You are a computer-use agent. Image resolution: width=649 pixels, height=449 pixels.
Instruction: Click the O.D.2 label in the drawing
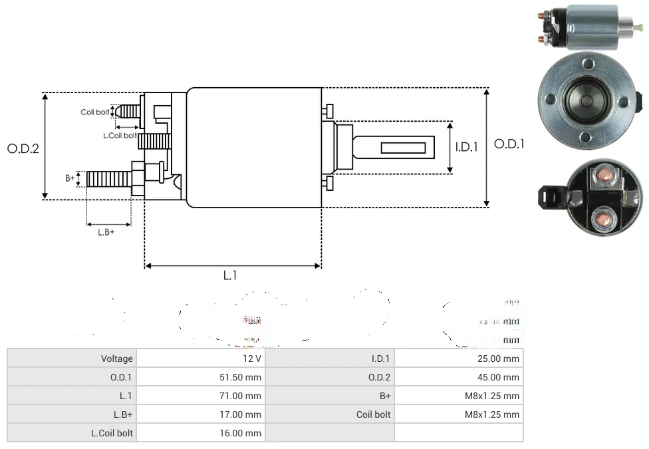click(23, 148)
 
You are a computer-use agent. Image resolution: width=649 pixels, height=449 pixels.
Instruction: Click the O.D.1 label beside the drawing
click(509, 144)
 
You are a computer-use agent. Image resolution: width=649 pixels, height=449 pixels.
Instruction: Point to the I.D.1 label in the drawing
click(467, 147)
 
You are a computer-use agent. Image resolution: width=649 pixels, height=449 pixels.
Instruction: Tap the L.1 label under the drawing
click(230, 275)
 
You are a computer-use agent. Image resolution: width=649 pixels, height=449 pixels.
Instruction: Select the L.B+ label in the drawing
click(106, 232)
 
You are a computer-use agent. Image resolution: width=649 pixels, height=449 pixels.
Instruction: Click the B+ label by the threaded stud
click(70, 178)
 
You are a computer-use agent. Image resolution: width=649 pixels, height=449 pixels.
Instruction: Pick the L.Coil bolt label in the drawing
click(120, 136)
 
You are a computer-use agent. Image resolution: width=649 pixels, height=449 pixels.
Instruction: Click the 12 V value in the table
click(253, 359)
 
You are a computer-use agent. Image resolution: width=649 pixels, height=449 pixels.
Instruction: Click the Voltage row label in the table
click(116, 359)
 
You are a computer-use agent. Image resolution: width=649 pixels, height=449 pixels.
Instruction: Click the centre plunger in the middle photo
click(585, 100)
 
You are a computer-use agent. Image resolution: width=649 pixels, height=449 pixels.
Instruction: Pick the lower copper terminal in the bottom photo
click(603, 218)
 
